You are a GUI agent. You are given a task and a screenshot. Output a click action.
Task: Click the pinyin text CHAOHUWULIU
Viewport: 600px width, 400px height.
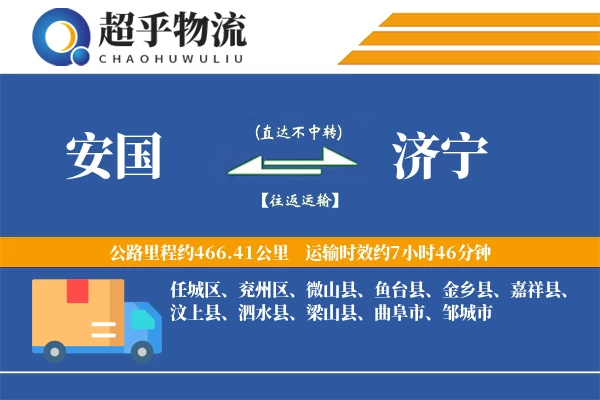coord(172,56)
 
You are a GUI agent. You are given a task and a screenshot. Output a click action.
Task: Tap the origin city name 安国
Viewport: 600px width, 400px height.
coord(113,157)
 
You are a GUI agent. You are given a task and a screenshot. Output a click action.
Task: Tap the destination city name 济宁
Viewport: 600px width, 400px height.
coord(440,157)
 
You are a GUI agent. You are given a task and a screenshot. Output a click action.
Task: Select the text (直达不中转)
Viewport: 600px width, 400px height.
coord(298,131)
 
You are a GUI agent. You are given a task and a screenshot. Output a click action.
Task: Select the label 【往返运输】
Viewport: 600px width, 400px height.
coord(298,200)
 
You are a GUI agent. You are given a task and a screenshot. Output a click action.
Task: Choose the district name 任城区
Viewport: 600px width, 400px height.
coord(194,292)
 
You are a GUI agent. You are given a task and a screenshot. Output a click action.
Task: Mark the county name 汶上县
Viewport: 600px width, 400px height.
coord(194,314)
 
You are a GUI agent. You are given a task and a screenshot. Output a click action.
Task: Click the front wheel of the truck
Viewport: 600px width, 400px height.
coord(144,349)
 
